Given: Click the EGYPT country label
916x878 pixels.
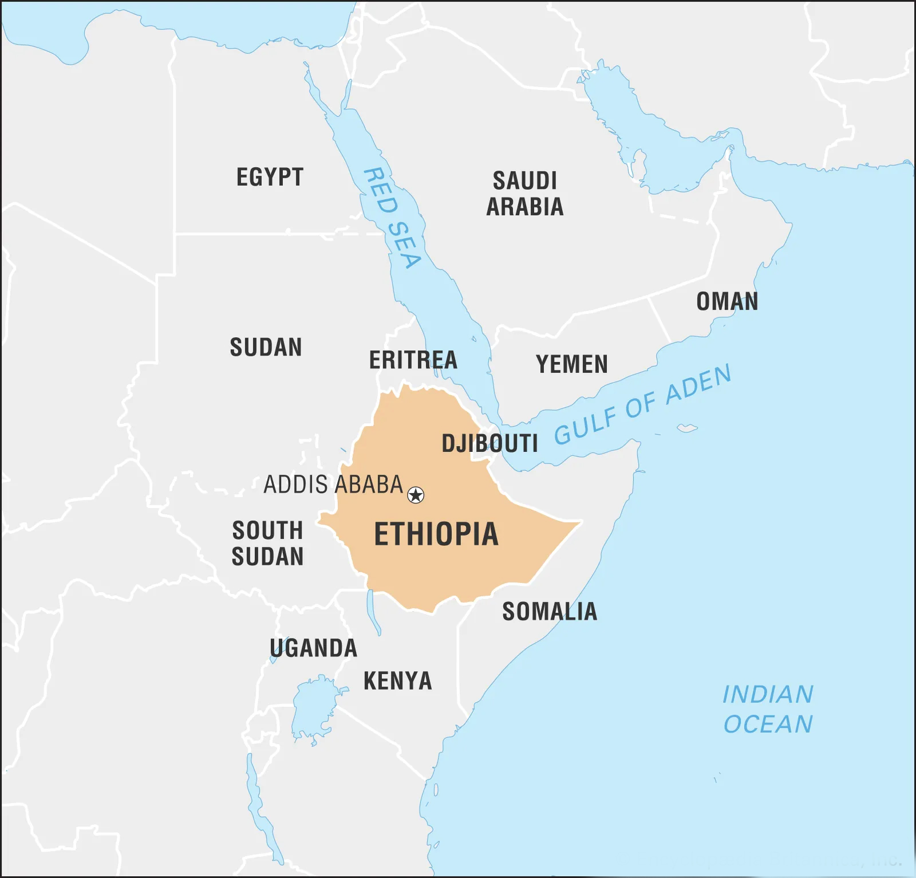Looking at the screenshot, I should coord(270,178).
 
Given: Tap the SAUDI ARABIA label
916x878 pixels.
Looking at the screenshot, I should coord(525,194).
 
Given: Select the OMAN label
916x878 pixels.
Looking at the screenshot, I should coord(727,301).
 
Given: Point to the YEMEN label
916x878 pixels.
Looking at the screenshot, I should coord(571,364).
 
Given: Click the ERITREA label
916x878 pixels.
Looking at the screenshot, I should coord(413,360).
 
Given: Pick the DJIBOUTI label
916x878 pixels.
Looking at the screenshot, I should coord(489,443).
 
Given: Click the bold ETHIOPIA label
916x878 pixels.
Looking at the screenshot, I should coord(436,534).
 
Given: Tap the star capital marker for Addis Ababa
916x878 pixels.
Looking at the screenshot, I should coord(416,495).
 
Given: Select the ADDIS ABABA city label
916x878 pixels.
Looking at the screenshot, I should coord(333,485).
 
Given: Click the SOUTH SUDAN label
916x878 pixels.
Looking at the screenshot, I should coord(267,544).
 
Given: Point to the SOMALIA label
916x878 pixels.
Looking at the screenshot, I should coord(550,612).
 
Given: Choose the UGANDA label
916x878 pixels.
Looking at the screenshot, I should coord(313,648).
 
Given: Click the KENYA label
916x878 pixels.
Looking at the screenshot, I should coord(397,681).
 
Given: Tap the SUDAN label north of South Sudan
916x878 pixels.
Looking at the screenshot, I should coord(266,347).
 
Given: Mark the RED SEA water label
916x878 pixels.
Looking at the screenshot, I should coord(393,218).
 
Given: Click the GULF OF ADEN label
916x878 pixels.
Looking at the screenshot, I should coord(642,404).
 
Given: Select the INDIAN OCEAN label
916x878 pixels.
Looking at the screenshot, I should coord(768,709).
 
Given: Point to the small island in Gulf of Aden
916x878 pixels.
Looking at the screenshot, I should coord(686,428).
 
